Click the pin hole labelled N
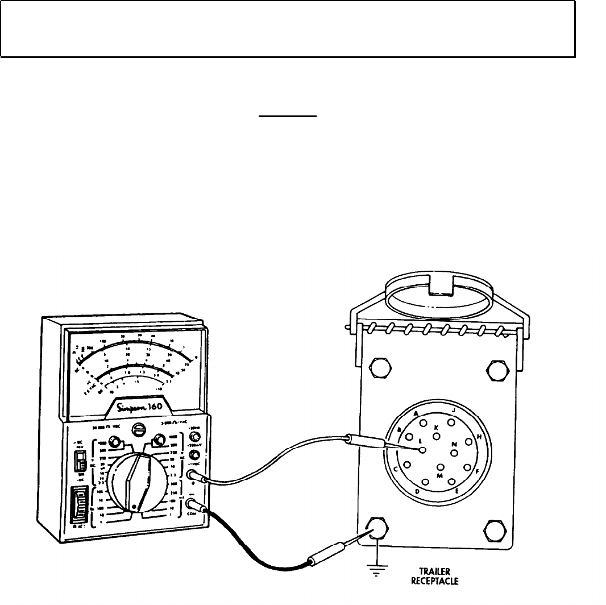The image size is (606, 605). (454, 453)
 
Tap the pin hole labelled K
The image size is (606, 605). (437, 436)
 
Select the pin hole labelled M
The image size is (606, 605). (439, 466)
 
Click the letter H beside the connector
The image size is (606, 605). (479, 437)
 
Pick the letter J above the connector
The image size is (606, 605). (453, 411)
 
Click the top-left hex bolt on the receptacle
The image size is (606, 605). (377, 368)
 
